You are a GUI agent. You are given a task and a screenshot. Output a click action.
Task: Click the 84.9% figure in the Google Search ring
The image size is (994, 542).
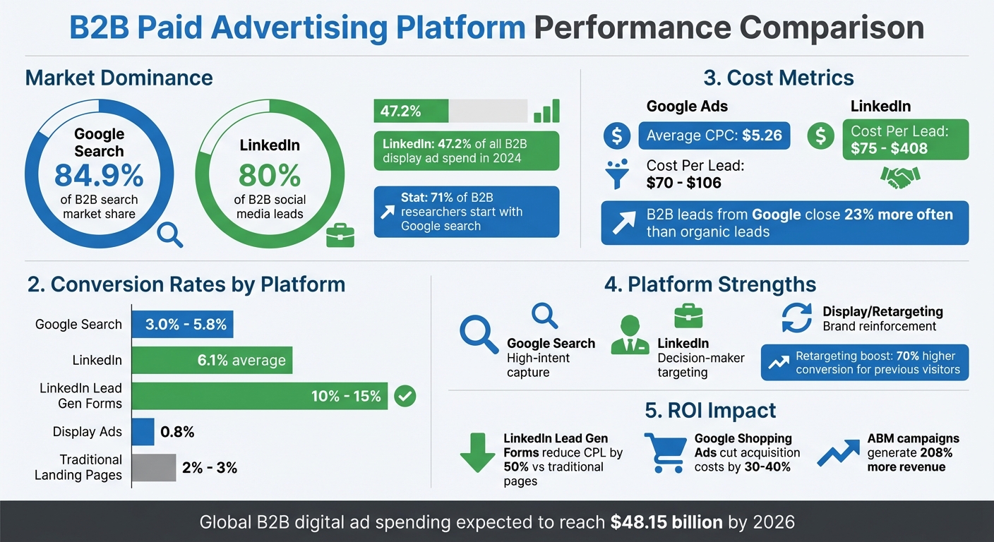click(x=99, y=175)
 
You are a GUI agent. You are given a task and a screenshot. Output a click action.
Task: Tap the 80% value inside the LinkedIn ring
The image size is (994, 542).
click(x=269, y=175)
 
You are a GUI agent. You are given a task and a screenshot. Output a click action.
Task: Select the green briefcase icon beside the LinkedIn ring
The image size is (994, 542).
click(x=340, y=236)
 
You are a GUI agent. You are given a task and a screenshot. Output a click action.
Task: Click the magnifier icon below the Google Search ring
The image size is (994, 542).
click(x=169, y=234)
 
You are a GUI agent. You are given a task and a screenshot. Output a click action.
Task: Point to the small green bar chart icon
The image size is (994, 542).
click(x=546, y=111)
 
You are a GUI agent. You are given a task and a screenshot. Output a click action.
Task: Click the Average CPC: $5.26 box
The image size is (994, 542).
click(x=714, y=135)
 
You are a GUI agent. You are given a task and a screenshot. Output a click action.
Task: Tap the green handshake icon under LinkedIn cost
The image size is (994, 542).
click(x=900, y=176)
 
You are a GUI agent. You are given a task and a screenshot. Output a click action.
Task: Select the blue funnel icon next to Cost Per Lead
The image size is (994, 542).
click(x=617, y=174)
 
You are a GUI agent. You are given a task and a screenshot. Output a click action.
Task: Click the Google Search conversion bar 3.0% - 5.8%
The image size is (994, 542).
click(x=183, y=325)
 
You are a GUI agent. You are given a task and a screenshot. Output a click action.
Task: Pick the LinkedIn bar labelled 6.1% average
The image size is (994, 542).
click(x=212, y=361)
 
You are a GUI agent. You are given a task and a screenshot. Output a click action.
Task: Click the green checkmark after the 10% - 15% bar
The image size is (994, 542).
click(x=405, y=396)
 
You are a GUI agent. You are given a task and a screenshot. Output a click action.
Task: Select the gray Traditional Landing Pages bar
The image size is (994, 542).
click(x=154, y=467)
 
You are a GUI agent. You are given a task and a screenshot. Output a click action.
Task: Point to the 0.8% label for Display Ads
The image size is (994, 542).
click(x=177, y=432)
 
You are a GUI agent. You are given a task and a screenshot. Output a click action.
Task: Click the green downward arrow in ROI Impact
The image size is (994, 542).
click(x=477, y=452)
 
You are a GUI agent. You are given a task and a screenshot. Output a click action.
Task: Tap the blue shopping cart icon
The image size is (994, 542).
click(x=664, y=452)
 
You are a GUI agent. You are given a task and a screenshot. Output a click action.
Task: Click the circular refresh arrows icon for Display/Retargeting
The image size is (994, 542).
click(x=797, y=318)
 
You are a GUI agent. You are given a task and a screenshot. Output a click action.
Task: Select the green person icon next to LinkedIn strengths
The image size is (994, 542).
click(x=630, y=335)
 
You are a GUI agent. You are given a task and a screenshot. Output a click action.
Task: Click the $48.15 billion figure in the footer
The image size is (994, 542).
click(x=666, y=522)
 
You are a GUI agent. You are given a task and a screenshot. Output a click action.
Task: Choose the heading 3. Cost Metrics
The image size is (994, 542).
click(x=779, y=78)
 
